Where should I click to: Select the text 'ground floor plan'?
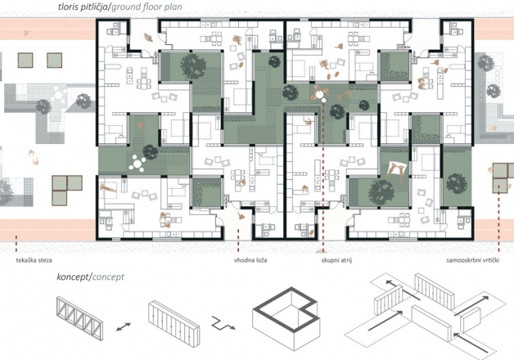(x=147, y=7)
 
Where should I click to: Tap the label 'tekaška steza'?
(x=34, y=260)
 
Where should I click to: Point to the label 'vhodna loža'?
(x=250, y=260)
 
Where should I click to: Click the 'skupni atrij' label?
(x=336, y=260)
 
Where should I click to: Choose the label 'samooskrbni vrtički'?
(x=473, y=260)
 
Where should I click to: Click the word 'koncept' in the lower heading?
(x=73, y=277)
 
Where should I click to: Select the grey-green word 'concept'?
(x=108, y=277)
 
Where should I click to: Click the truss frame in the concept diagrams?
(x=79, y=313)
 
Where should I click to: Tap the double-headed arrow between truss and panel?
(x=124, y=327)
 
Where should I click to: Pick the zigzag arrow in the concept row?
(x=223, y=323)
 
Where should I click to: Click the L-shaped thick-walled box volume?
(x=285, y=317)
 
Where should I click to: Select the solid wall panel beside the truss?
(x=174, y=323)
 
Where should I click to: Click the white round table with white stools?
(x=137, y=163)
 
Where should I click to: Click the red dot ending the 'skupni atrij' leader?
(x=323, y=101)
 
